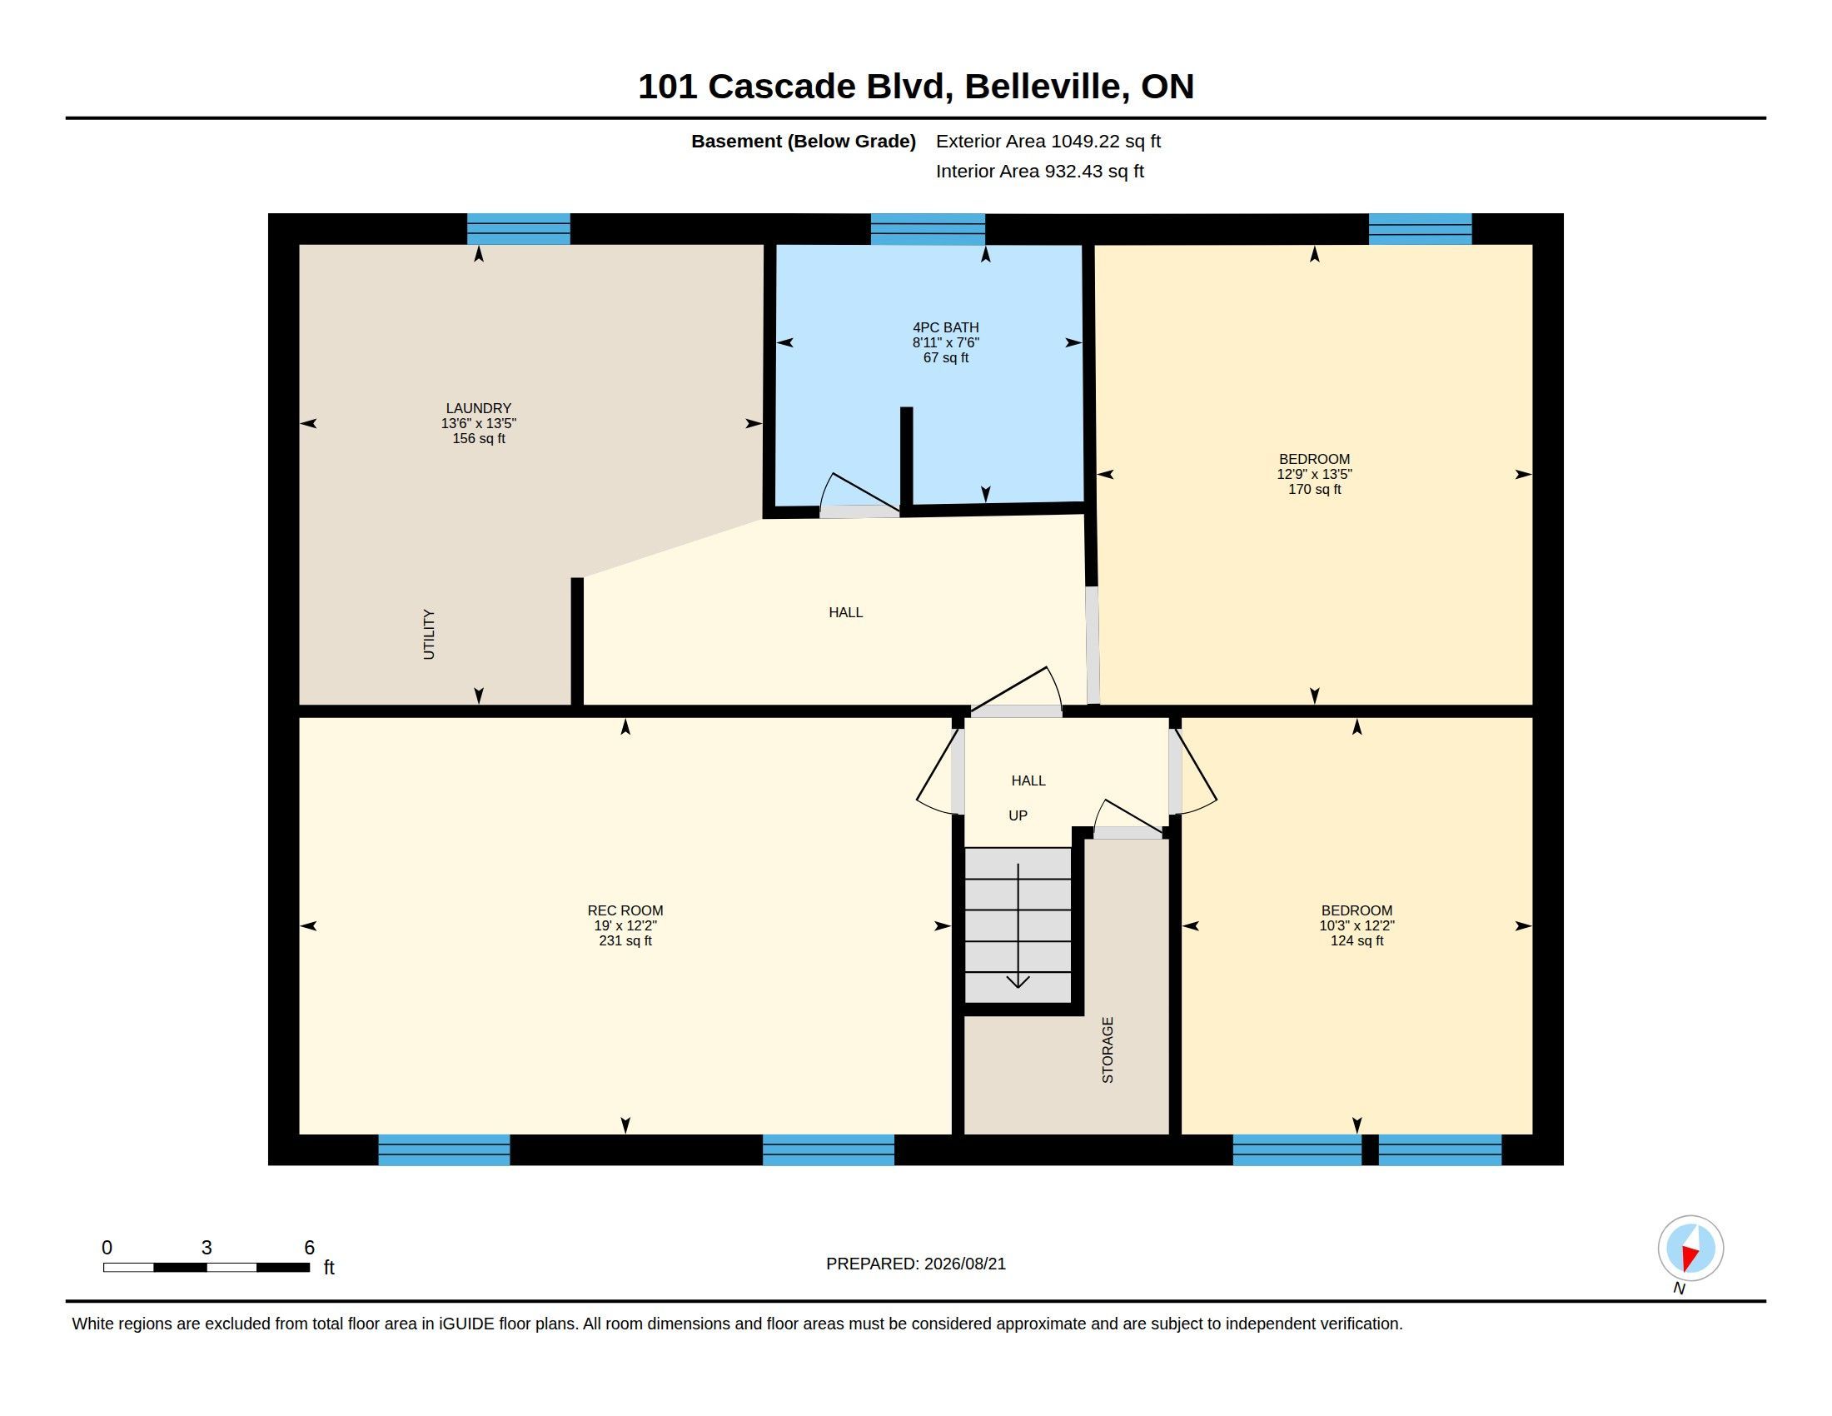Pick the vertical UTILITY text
[x=429, y=634]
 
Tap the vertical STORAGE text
[x=1108, y=1050]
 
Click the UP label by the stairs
[x=1018, y=815]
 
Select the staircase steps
[x=1018, y=925]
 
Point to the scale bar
[x=207, y=1268]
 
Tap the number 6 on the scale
[x=309, y=1248]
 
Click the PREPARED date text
[x=916, y=1264]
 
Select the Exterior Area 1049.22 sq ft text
[x=1048, y=141]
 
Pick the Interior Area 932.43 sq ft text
[x=1040, y=171]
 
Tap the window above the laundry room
[x=519, y=228]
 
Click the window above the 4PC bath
[x=928, y=228]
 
